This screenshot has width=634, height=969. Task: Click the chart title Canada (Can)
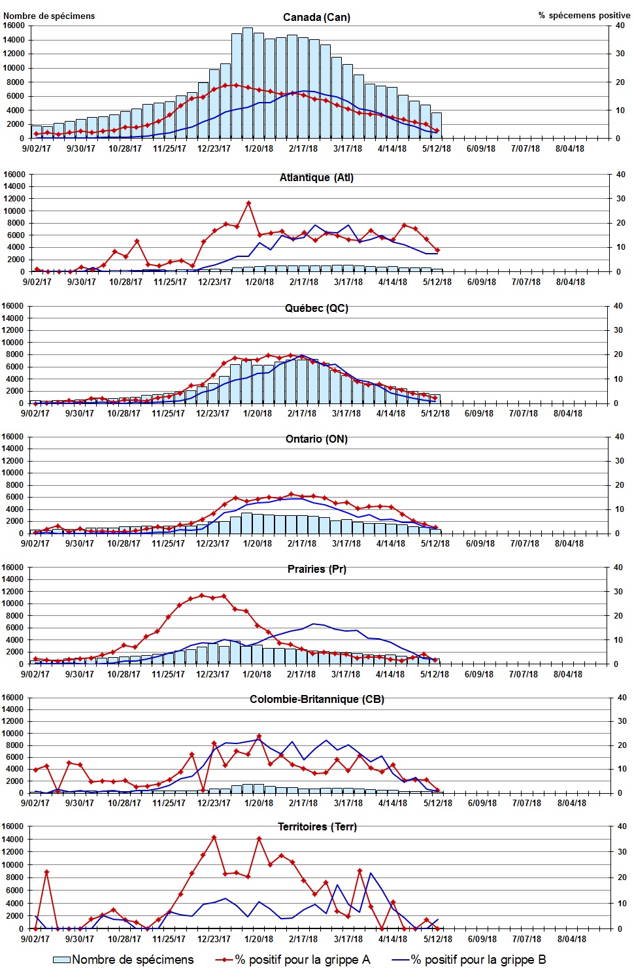pyautogui.click(x=316, y=17)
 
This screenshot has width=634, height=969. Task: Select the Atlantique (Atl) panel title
pyautogui.click(x=316, y=177)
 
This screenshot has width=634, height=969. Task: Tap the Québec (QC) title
pyautogui.click(x=316, y=308)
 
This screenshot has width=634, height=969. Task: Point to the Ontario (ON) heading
pyautogui.click(x=316, y=439)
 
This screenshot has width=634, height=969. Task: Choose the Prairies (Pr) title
pyautogui.click(x=316, y=569)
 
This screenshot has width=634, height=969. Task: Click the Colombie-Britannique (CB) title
pyautogui.click(x=316, y=699)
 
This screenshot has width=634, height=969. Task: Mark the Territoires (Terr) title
pyautogui.click(x=317, y=826)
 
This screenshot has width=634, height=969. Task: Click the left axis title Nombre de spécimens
pyautogui.click(x=49, y=16)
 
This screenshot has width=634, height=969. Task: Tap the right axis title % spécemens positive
pyautogui.click(x=584, y=15)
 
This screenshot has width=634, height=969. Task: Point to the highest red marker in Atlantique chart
pyautogui.click(x=248, y=203)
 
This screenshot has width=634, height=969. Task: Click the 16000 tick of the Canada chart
pyautogui.click(x=14, y=25)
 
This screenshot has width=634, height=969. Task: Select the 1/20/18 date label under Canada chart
pyautogui.click(x=259, y=148)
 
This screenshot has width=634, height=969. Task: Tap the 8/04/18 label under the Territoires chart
pyautogui.click(x=571, y=939)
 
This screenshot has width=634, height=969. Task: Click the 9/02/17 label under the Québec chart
pyautogui.click(x=35, y=413)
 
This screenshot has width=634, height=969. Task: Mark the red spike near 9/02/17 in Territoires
pyautogui.click(x=46, y=872)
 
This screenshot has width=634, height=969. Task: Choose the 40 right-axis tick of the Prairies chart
pyautogui.click(x=618, y=568)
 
